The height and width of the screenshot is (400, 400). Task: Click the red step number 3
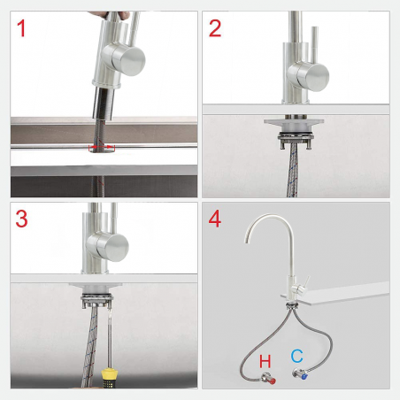click(x=22, y=219)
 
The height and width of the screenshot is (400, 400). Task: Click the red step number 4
click(x=216, y=219)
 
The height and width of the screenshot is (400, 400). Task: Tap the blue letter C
click(x=297, y=357)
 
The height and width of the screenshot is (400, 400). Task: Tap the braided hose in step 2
click(x=290, y=173)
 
